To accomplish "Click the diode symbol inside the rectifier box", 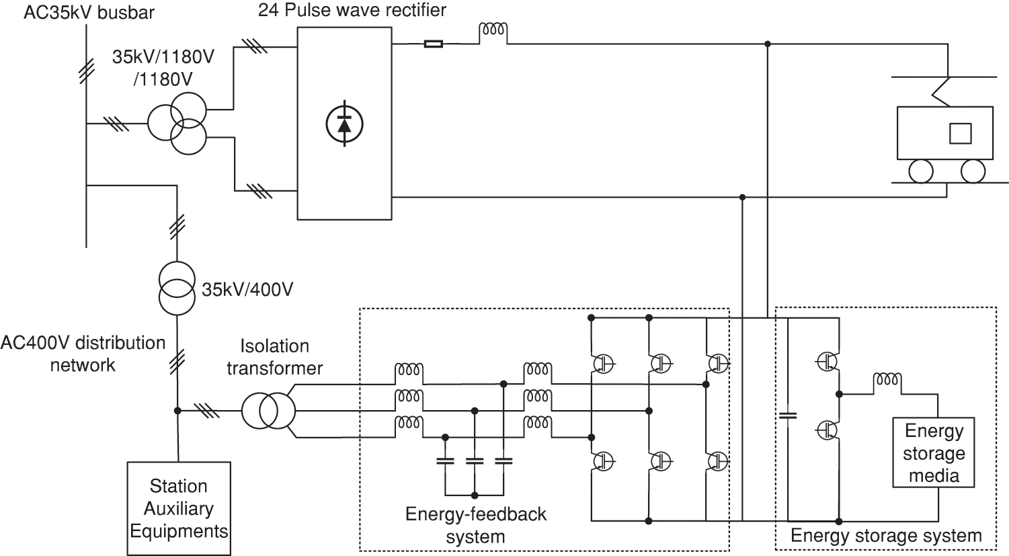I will [344, 123].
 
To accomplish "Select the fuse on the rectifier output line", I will [434, 44].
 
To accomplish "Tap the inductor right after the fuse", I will [493, 30].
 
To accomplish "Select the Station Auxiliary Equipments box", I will [179, 508].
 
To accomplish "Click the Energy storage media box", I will [934, 452].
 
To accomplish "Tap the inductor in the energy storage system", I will [886, 381].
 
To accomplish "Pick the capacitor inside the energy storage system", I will [787, 415].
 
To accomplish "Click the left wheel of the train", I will [921, 171].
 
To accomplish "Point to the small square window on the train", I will [960, 133].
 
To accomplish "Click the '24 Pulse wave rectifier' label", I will [352, 11].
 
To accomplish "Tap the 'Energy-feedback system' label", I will [475, 525].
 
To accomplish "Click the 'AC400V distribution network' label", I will [83, 353].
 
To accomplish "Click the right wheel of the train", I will [973, 171].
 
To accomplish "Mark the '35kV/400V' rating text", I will [247, 290].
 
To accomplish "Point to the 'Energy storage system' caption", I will [885, 535].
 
